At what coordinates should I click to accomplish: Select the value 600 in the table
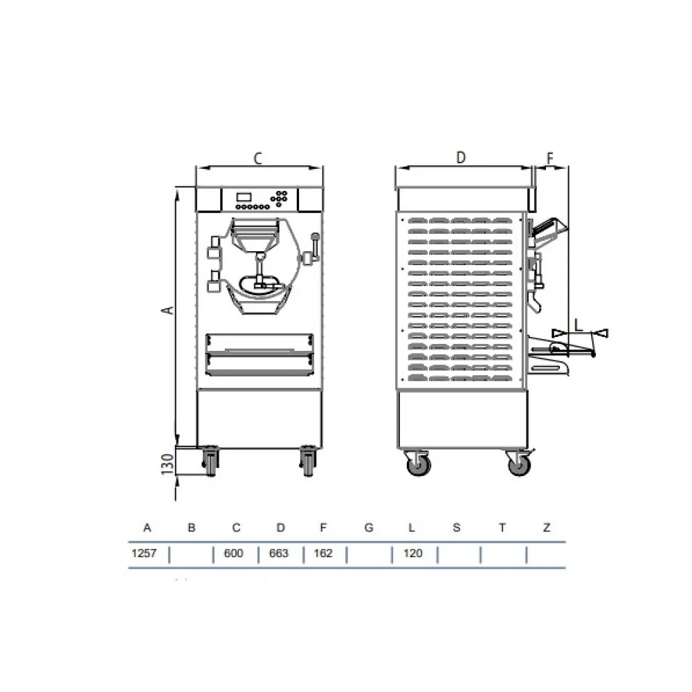(x=234, y=554)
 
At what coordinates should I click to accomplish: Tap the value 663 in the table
(x=278, y=554)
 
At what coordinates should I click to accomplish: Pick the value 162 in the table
(x=323, y=554)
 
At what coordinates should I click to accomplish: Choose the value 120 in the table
(x=412, y=554)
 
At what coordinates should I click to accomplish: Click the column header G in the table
(x=369, y=528)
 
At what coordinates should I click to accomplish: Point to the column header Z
(x=547, y=528)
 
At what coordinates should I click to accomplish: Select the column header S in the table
(x=457, y=528)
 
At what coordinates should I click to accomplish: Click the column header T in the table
(x=502, y=528)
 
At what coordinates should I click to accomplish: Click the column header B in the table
(x=192, y=528)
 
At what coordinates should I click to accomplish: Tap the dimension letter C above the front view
(x=257, y=158)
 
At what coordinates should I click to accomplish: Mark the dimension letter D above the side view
(x=462, y=158)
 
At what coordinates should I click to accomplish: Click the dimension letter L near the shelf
(x=579, y=322)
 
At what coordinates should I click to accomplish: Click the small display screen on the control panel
(x=244, y=196)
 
